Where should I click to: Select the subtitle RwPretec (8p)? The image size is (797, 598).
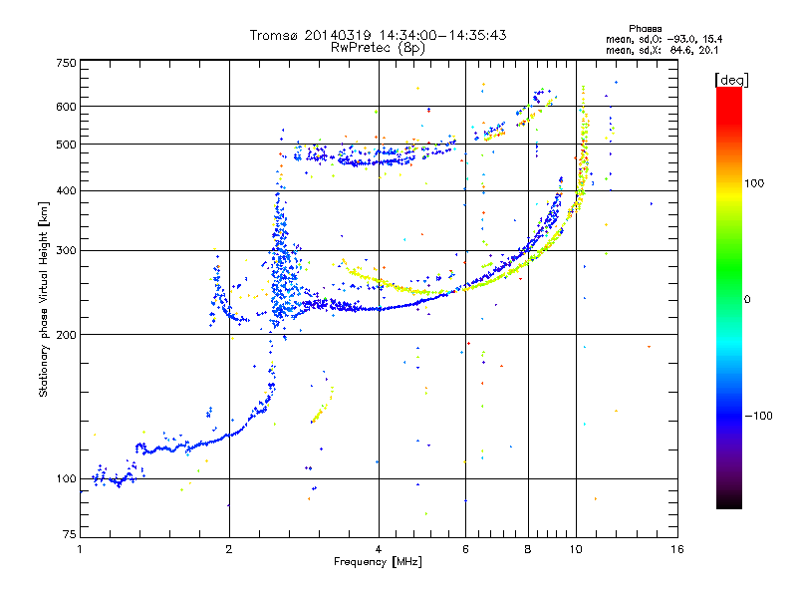(378, 48)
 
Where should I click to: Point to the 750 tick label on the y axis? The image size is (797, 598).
(66, 63)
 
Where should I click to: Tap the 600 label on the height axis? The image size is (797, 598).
(66, 107)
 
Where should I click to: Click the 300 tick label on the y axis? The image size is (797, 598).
(66, 251)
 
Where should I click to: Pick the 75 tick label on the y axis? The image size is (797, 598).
(70, 534)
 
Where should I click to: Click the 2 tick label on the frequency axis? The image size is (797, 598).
(229, 549)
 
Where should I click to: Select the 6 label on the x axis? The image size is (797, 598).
(465, 549)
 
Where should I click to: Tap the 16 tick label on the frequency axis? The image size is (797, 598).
(677, 549)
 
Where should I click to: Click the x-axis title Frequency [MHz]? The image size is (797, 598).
(378, 562)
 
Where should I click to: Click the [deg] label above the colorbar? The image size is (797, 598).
(731, 80)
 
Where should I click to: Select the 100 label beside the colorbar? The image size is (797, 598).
(754, 183)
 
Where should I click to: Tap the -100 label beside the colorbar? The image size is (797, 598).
(758, 416)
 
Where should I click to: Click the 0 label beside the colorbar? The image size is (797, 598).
(747, 300)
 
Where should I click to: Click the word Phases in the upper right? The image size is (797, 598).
(645, 29)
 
